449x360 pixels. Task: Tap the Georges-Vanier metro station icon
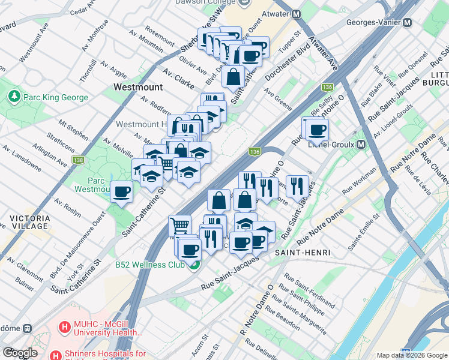(x=407, y=22)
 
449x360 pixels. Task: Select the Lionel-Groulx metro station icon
(x=361, y=145)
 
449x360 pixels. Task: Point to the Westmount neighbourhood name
(x=137, y=87)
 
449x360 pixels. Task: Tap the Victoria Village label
(x=24, y=221)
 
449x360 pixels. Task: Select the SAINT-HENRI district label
(x=302, y=253)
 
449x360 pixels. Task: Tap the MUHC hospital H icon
(x=64, y=327)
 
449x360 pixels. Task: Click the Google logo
(x=20, y=353)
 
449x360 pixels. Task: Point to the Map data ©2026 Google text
(x=411, y=355)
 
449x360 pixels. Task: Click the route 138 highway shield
(x=79, y=160)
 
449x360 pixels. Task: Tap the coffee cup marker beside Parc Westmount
(x=122, y=192)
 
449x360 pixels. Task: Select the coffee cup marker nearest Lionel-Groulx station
(x=317, y=129)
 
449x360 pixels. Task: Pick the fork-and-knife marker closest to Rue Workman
(x=297, y=187)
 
